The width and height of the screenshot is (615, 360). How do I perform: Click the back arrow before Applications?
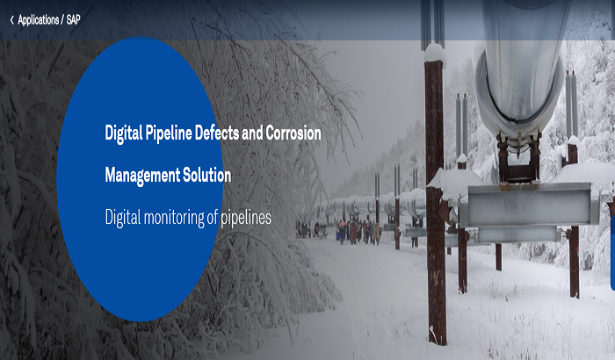11,18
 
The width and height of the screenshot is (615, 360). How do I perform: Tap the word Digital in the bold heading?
123,133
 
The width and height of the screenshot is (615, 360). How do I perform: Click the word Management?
141,176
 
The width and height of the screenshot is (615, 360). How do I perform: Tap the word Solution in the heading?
206,176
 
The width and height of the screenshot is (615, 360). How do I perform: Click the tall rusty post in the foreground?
435,220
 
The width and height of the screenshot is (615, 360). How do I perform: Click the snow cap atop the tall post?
433,53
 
